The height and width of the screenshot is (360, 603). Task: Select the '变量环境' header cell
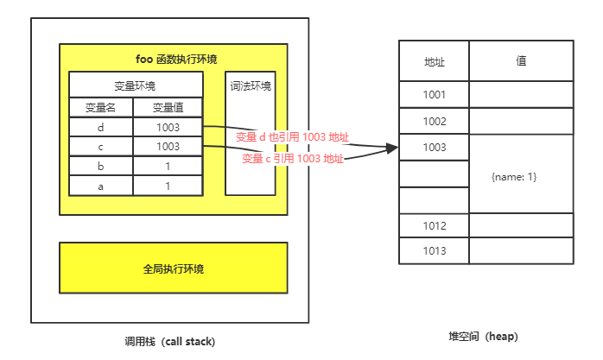136,85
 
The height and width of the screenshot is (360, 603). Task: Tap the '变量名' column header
100,107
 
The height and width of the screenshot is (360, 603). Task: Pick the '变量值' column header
168,107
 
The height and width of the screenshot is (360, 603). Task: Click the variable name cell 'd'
100,127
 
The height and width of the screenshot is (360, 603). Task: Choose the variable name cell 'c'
100,147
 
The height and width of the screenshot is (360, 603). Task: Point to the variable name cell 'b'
100,166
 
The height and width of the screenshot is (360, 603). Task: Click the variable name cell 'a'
100,186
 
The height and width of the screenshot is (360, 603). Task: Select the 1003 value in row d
168,127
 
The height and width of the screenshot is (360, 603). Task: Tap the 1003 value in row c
168,147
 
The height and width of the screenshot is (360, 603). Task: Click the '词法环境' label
251,85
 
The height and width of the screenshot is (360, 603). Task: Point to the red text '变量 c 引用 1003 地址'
293,159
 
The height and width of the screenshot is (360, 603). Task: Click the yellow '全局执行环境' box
173,268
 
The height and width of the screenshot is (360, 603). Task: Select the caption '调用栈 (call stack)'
170,341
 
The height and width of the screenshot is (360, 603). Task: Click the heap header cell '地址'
435,61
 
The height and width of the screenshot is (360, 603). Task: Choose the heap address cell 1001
435,95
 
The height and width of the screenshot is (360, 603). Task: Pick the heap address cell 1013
435,251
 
